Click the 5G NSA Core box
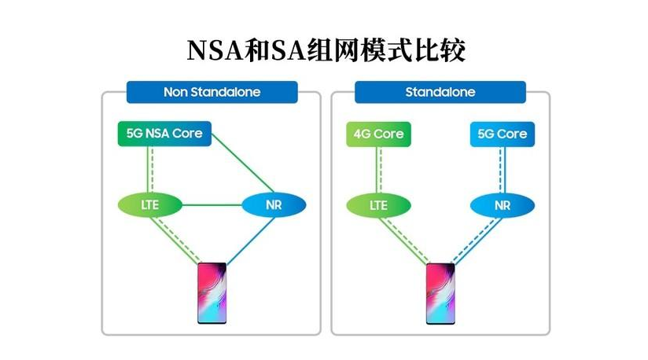[x=164, y=134]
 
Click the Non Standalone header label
[x=212, y=92]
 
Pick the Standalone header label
[x=440, y=92]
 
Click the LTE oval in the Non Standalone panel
[x=149, y=205]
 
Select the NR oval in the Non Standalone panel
[x=273, y=205]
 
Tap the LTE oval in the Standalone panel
[x=378, y=205]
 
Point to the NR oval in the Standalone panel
[x=502, y=205]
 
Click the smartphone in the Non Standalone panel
[x=212, y=293]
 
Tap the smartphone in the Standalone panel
[x=440, y=293]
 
